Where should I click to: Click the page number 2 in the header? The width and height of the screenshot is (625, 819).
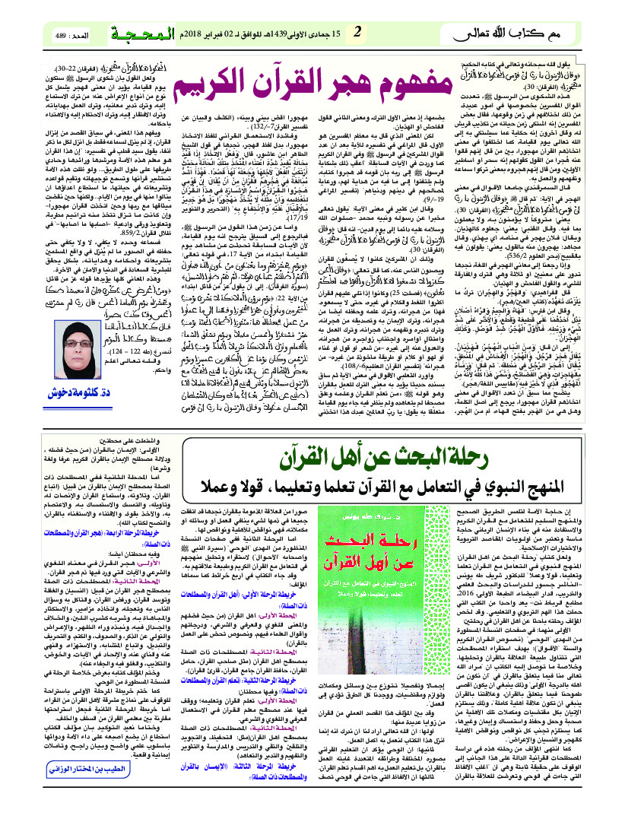357,32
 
